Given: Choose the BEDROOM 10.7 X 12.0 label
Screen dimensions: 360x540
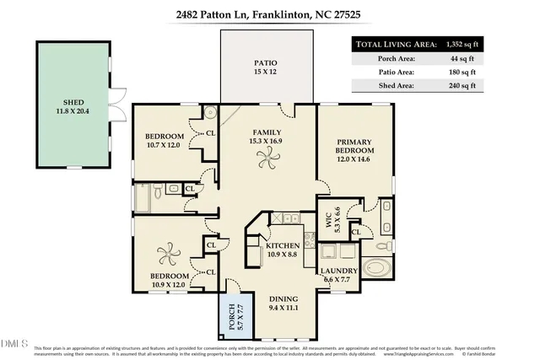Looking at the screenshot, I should coord(165,140).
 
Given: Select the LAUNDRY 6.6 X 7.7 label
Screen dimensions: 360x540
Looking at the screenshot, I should coord(340,276).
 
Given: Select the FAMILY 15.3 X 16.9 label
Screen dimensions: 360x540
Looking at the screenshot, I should coord(267,137).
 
